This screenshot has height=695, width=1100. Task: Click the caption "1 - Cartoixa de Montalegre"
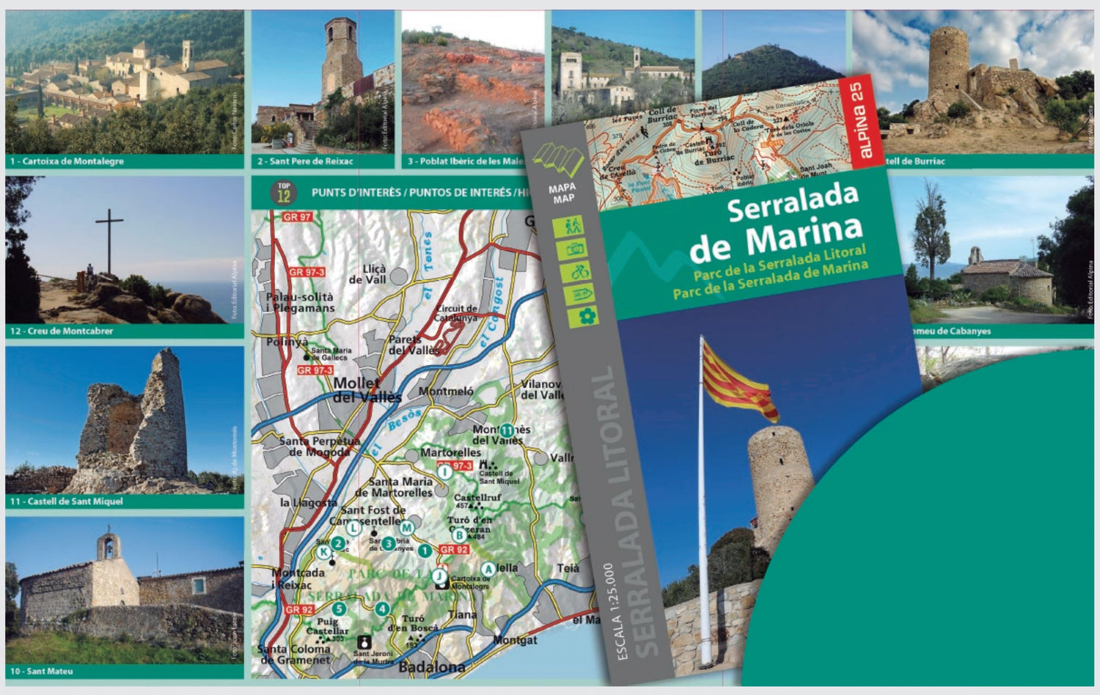pos(67,161)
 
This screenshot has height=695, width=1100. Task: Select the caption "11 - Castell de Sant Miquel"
pos(66,501)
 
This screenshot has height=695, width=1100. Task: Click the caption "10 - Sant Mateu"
pos(41,671)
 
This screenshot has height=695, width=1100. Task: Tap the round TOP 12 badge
pos(283,193)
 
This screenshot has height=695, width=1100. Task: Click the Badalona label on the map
pos(431,667)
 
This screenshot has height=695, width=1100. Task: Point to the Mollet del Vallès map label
pos(367,390)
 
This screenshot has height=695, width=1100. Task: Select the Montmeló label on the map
pos(446,391)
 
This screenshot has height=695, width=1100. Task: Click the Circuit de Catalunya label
pos(456,314)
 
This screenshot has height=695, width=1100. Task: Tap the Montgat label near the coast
pos(516,640)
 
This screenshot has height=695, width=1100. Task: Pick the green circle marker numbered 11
pos(506,430)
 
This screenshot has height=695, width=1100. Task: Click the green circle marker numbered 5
pos(339,608)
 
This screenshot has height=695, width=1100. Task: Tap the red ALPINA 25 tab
pos(863,121)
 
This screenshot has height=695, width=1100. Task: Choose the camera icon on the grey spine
pos(576,249)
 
